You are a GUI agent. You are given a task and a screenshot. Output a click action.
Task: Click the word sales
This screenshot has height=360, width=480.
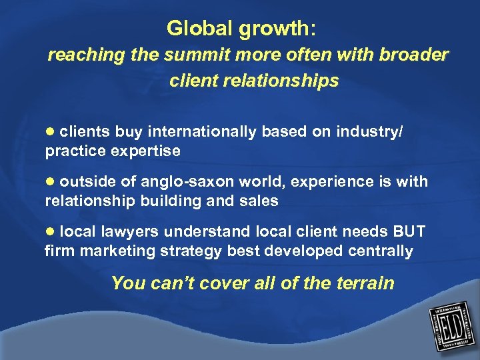pos(260,200)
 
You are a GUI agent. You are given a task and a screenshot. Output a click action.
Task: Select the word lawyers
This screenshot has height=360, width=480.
pos(131,232)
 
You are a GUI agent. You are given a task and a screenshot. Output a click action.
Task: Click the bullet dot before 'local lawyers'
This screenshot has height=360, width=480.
pos(50,232)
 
